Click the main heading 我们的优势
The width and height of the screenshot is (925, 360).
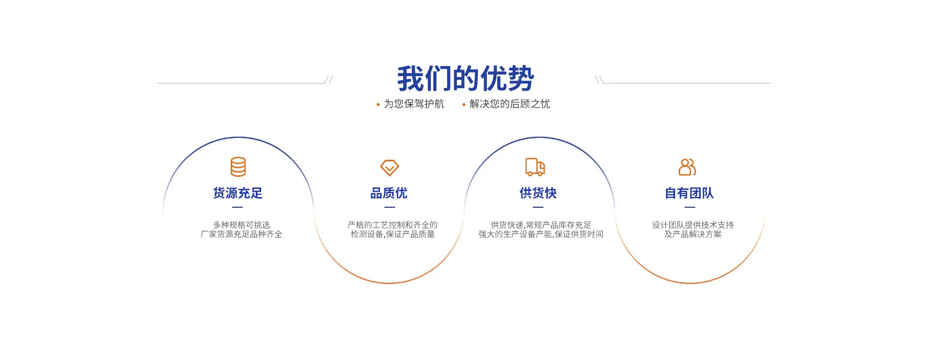[x=465, y=79]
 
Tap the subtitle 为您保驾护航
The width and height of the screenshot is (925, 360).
[x=414, y=104]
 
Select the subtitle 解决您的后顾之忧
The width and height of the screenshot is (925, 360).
[x=510, y=104]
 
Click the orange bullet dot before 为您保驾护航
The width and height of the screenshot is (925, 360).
[x=378, y=105]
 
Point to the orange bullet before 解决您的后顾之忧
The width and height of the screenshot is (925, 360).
[x=464, y=105]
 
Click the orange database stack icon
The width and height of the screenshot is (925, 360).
[x=238, y=167]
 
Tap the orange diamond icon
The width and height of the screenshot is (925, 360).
[x=389, y=168]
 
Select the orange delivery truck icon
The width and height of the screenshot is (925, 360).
[x=535, y=167]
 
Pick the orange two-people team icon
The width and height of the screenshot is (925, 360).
[x=687, y=167]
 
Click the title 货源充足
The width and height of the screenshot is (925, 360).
[x=238, y=193]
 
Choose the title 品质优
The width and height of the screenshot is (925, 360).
[x=389, y=193]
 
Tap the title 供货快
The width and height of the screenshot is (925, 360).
[x=538, y=193]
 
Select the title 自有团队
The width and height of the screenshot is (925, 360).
[x=689, y=193]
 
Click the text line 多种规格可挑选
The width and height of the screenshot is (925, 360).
[x=241, y=225]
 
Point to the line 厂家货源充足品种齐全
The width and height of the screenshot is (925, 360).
[x=241, y=234]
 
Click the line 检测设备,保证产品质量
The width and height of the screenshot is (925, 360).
[x=393, y=234]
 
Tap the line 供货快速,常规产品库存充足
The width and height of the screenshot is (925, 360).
[x=541, y=225]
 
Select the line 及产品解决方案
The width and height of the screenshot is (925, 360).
[x=693, y=234]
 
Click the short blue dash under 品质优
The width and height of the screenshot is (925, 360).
[x=390, y=207]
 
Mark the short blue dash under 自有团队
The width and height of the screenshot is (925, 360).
[x=690, y=207]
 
